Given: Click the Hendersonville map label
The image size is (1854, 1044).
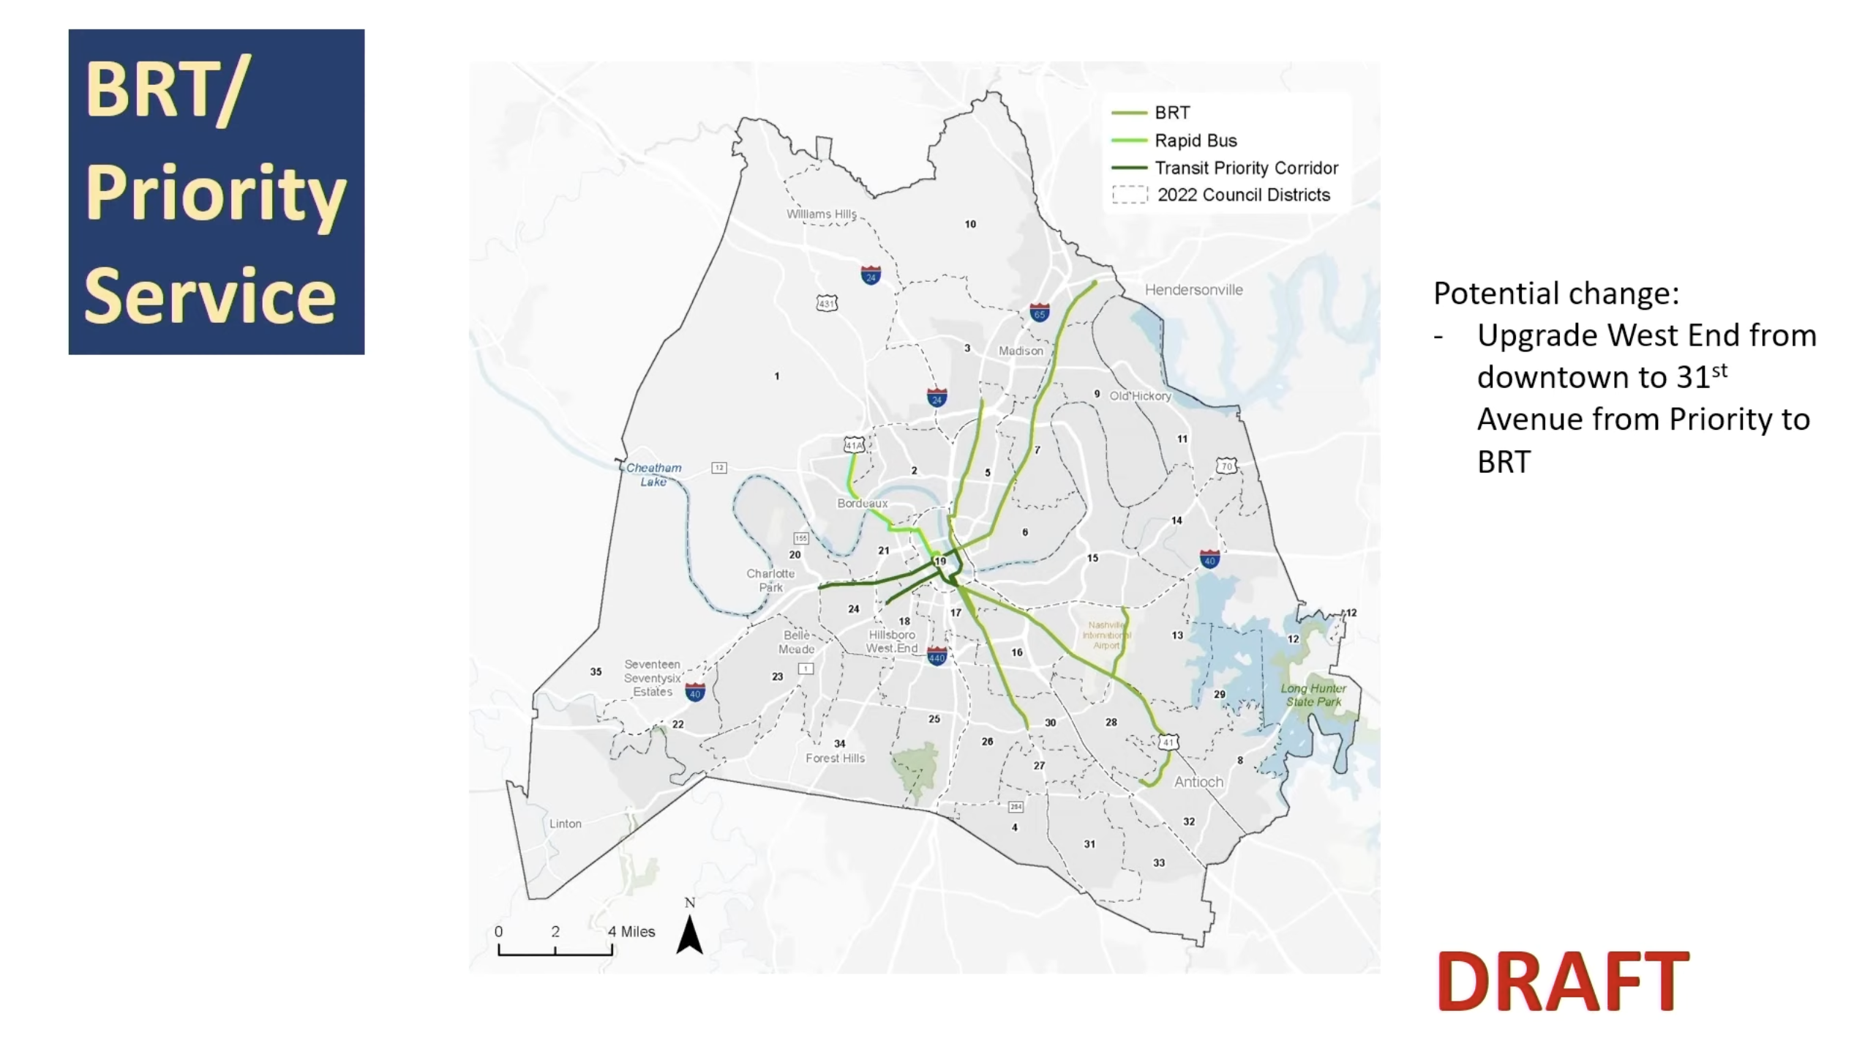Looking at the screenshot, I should click(x=1193, y=290).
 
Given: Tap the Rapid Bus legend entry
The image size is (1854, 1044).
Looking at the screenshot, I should click(x=1195, y=141).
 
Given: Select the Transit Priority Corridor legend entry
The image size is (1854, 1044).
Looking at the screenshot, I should click(x=1245, y=168).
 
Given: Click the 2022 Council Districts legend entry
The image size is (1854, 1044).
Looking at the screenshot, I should click(x=1242, y=195).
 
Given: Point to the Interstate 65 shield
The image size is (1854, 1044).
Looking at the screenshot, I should click(x=1039, y=313).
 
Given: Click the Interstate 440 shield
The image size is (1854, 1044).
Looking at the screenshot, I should click(x=937, y=656).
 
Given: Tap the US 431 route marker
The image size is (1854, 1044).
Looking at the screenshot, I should click(x=827, y=303).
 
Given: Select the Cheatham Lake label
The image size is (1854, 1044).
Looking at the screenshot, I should click(x=653, y=474).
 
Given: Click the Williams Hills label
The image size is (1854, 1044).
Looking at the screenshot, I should click(x=821, y=214).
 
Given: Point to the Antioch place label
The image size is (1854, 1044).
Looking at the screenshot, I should click(x=1198, y=782).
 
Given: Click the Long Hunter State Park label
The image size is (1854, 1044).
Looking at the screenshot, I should click(x=1313, y=695).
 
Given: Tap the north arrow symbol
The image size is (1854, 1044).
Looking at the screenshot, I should click(x=689, y=934).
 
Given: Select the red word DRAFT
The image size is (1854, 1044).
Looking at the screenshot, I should click(x=1562, y=981).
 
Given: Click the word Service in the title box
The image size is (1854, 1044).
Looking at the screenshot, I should click(x=210, y=296).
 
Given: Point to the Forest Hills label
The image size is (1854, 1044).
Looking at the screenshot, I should click(x=835, y=758).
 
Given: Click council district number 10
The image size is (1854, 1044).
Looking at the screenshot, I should click(x=970, y=224).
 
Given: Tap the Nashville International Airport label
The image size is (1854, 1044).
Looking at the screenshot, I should click(x=1106, y=635).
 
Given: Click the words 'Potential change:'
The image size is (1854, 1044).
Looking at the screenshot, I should click(x=1555, y=293).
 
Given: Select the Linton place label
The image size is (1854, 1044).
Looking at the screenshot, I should click(x=565, y=824).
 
